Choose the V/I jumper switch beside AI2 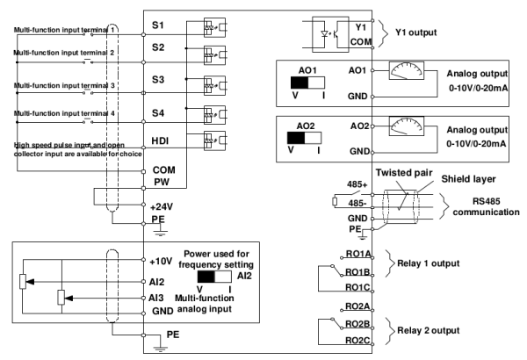coord(213,275)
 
